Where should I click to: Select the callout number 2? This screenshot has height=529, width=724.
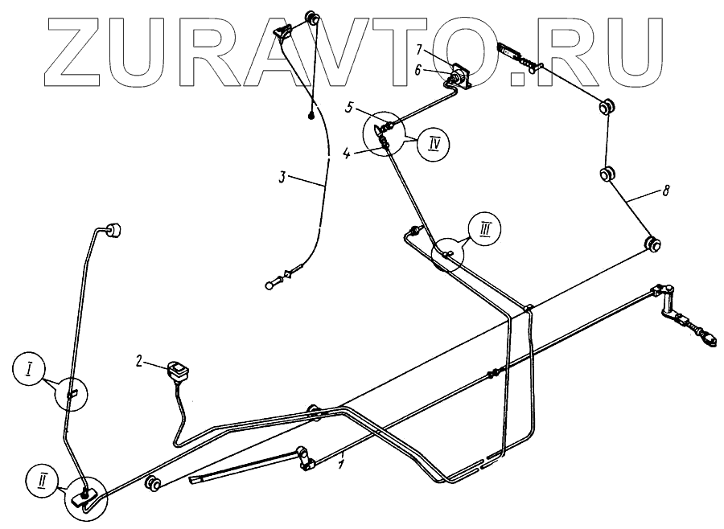coord(140,363)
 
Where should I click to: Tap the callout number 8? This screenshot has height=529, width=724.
coord(664,191)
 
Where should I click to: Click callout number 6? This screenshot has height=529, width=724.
coord(418,70)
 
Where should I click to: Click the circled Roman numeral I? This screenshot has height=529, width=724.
coord(29,371)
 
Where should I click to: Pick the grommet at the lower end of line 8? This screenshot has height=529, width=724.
coord(653,242)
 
